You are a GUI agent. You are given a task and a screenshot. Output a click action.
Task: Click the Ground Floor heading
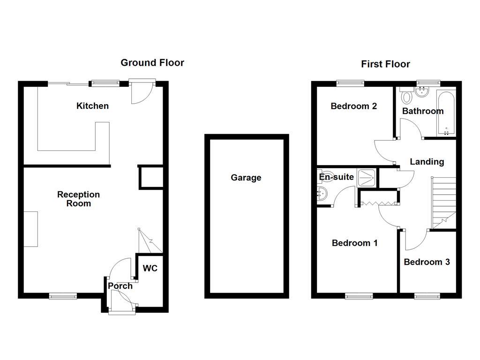point(152,63)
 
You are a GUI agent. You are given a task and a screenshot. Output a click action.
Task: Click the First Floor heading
point(385,64)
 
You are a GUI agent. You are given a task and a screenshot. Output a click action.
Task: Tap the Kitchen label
point(92,106)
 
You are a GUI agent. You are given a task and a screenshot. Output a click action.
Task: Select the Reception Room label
point(78,199)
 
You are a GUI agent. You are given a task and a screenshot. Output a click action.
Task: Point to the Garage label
point(246,178)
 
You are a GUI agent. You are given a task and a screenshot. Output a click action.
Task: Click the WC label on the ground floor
point(150,269)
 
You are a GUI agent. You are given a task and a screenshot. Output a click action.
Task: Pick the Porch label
point(120,286)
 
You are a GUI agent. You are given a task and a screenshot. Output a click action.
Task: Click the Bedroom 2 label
point(353,106)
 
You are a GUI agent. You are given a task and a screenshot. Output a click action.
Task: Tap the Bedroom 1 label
point(354,243)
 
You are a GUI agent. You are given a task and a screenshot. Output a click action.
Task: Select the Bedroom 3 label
point(427,262)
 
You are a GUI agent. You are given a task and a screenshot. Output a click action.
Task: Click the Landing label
point(427,162)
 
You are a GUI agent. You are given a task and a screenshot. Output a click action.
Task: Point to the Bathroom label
point(423,111)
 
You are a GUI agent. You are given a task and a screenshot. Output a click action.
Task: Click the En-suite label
point(336,177)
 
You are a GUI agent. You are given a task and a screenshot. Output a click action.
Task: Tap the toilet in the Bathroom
point(406,97)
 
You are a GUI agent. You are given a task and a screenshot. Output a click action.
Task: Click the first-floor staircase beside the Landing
point(443,202)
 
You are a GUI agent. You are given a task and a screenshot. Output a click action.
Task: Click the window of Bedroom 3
point(427,296)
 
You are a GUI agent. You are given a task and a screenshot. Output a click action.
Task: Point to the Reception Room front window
point(63,296)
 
